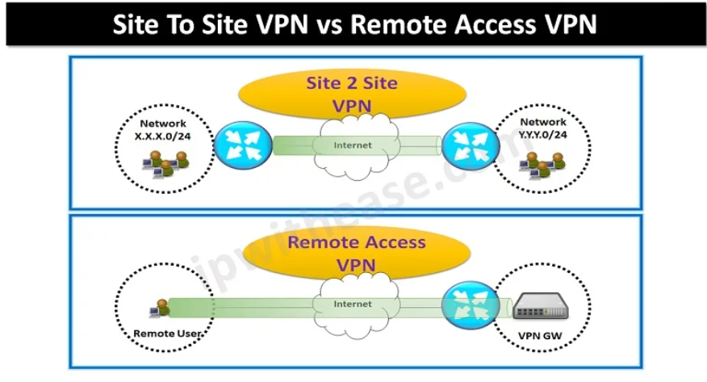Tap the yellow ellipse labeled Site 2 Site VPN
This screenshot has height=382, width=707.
(x=353, y=94)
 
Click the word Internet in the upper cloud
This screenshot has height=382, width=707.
(x=353, y=146)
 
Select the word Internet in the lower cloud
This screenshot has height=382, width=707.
(x=353, y=304)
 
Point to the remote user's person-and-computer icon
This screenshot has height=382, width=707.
(x=161, y=308)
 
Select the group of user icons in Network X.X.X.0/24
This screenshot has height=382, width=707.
(x=166, y=165)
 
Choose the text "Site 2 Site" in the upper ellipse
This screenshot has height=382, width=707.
(x=352, y=83)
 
